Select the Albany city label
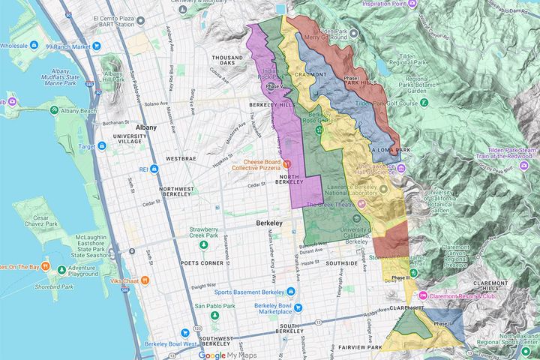point(145,127)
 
